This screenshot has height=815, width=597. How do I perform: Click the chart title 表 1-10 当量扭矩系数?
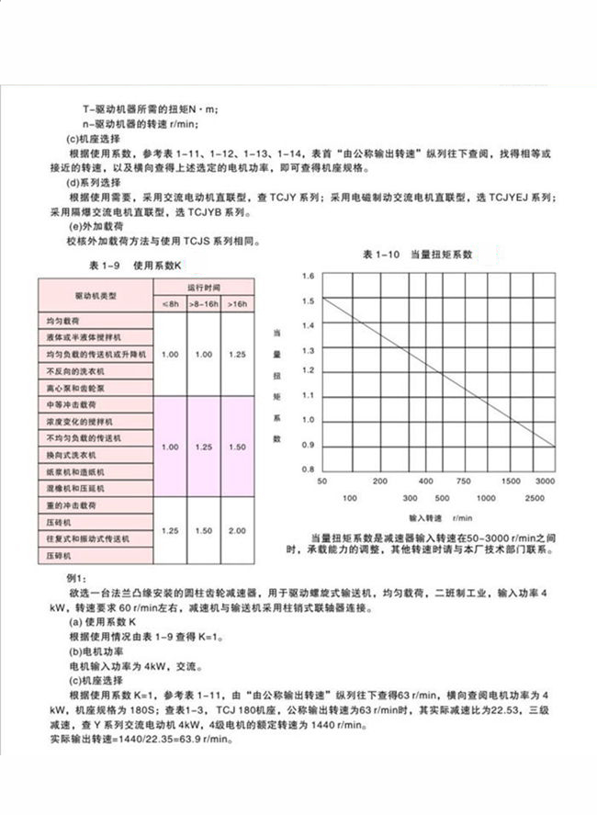(x=417, y=254)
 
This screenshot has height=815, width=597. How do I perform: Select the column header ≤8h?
(x=170, y=303)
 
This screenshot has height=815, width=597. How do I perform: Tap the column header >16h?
(x=236, y=303)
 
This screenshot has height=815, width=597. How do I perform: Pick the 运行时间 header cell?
(x=204, y=287)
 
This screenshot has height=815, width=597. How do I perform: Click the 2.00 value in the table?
(x=236, y=531)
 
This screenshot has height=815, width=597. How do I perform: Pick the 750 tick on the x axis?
(x=463, y=481)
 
